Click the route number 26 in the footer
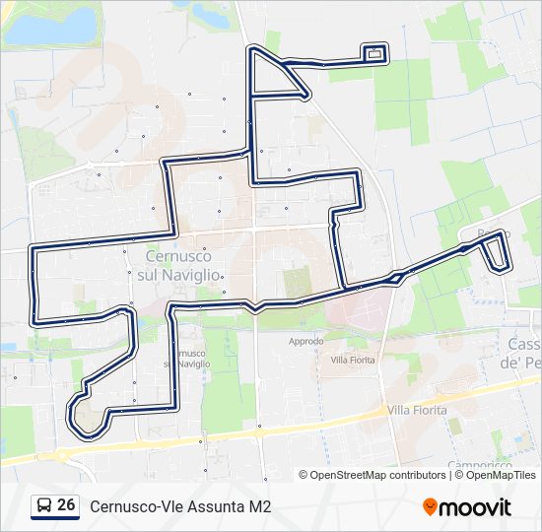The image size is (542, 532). coord(67,505)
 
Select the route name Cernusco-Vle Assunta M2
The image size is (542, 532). coord(180,506)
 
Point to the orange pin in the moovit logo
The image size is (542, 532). coord(431,507)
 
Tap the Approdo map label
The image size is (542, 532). coord(305,342)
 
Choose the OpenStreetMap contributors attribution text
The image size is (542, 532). coord(373,475)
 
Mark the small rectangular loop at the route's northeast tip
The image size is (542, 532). coord(374,53)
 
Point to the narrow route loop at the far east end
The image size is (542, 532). coord(496,252)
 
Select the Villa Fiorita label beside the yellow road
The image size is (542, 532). coord(416,410)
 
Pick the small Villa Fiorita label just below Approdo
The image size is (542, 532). coord(353,361)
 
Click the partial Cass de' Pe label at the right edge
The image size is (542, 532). coord(524,354)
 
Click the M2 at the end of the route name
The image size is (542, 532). coord(260,506)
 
